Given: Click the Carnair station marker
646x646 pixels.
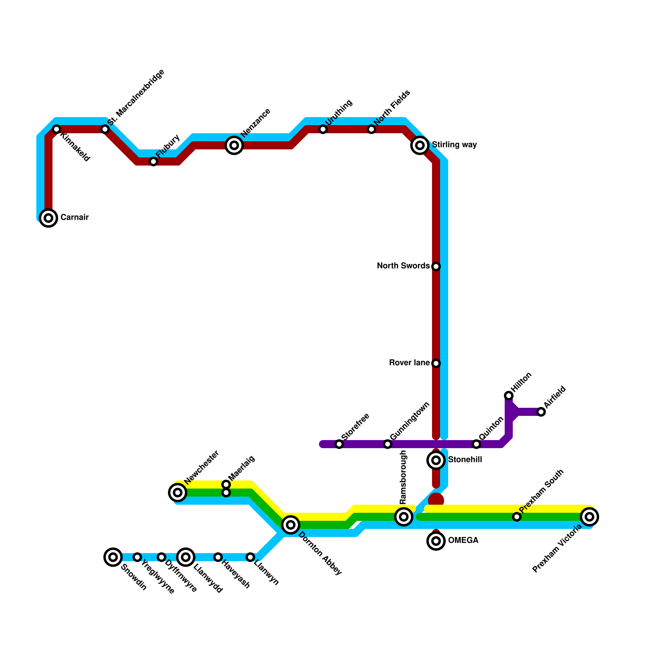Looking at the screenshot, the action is (48, 218).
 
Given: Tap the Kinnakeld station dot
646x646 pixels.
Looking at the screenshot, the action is (57, 129).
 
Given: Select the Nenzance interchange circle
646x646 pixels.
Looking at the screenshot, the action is (234, 145).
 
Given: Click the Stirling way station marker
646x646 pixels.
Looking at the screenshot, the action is (420, 145).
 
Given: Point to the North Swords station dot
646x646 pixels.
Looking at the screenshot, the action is (436, 266).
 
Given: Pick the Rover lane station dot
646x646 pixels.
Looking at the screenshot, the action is (436, 363).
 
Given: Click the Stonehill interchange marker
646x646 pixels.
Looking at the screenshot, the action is (436, 460).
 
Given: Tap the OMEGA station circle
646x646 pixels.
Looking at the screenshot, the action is (436, 541).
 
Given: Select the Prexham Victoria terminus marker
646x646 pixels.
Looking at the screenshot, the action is (589, 517).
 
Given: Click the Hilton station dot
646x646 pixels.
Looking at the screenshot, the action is (509, 396).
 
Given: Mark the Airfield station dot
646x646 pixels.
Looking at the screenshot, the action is (541, 412).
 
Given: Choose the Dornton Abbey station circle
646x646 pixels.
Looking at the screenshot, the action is (291, 525).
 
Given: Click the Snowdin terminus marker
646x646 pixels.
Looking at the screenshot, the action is (113, 557).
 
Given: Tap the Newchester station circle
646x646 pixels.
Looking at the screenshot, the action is (178, 493).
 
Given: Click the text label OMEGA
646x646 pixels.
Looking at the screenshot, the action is (463, 541).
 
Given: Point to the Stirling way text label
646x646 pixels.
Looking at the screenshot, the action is (454, 145).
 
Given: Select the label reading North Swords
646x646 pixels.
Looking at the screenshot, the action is (403, 266).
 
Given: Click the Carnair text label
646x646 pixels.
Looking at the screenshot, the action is (74, 218).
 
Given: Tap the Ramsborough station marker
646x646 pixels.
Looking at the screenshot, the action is (404, 517).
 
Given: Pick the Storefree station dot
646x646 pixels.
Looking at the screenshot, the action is (339, 444).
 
